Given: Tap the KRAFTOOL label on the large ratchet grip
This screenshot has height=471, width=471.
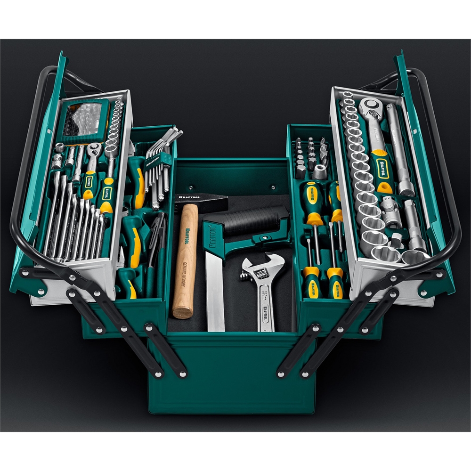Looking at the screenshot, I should click(x=380, y=167).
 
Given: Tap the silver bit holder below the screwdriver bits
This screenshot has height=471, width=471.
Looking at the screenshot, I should click(x=320, y=171).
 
